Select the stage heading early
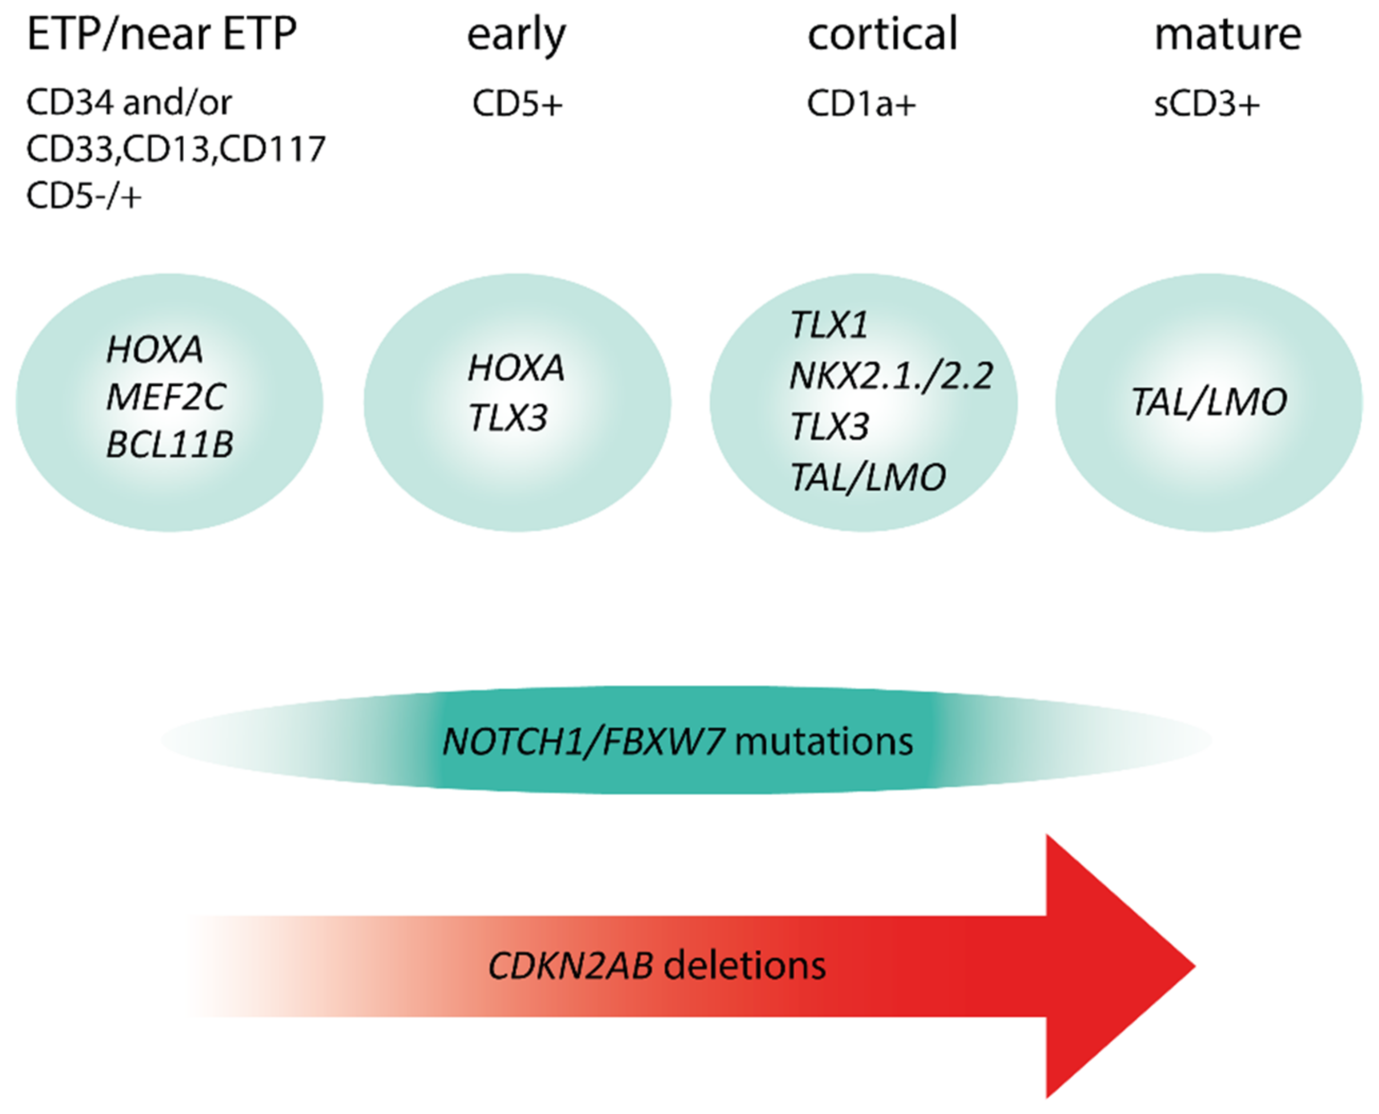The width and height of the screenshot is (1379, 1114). tap(516, 36)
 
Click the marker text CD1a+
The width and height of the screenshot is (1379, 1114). tap(861, 103)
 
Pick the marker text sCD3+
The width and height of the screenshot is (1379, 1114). tap(1207, 103)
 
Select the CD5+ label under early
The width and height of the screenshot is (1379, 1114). tap(517, 103)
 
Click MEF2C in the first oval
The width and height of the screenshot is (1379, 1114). tap(165, 397)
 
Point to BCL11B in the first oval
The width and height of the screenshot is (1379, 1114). tap(169, 444)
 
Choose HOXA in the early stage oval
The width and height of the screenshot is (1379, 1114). tap(516, 368)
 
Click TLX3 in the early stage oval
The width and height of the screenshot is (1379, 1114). tap(508, 419)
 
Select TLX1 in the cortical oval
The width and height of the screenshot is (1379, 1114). tap(829, 325)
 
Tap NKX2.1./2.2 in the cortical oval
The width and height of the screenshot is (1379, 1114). tap(891, 376)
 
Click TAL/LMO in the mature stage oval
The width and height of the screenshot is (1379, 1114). tap(1208, 402)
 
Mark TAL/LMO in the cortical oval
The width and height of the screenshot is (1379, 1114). tap(868, 477)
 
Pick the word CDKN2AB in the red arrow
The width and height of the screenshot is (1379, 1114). tap(571, 966)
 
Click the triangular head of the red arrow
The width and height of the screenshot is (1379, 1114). tap(1110, 966)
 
